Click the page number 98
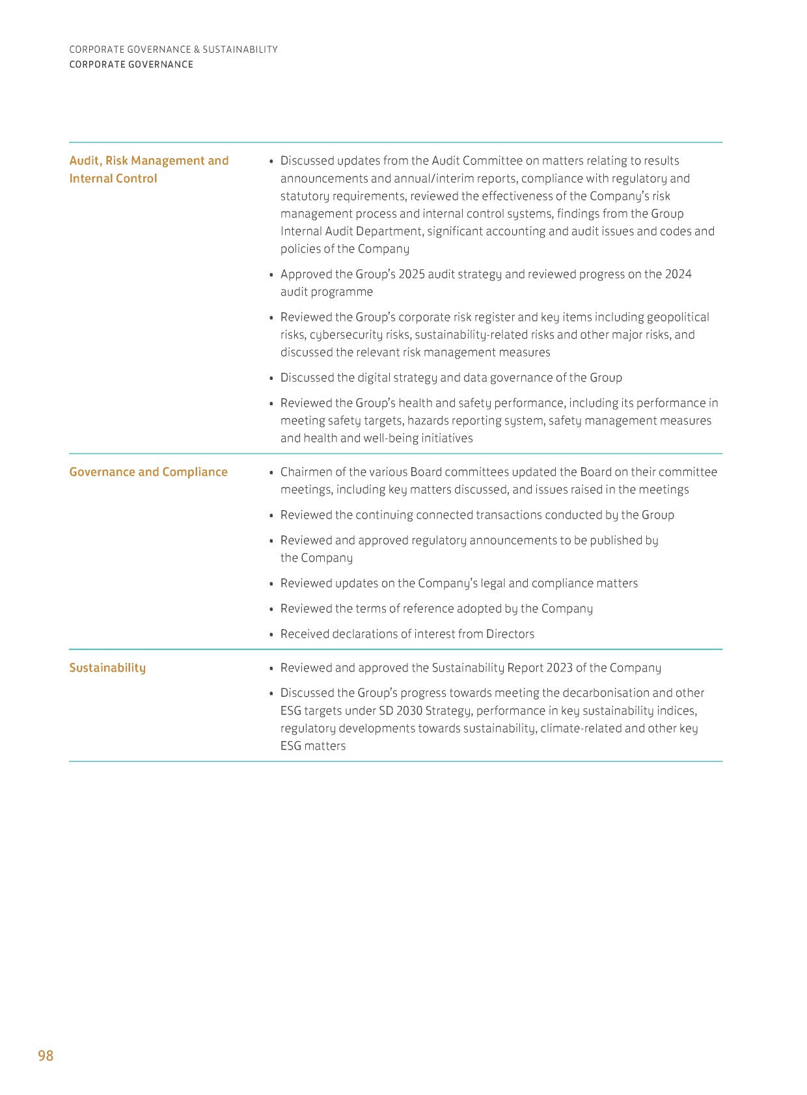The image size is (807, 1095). click(46, 1055)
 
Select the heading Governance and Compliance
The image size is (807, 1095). click(148, 472)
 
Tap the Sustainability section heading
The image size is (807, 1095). click(107, 668)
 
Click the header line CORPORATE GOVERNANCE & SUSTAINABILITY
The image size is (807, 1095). click(173, 49)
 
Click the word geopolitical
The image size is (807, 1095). click(677, 317)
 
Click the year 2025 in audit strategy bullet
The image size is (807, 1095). click(411, 274)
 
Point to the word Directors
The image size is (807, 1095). click(510, 634)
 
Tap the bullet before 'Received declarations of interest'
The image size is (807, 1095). click(271, 634)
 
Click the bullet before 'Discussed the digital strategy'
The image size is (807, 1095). click(271, 378)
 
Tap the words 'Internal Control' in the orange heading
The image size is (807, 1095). click(113, 178)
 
